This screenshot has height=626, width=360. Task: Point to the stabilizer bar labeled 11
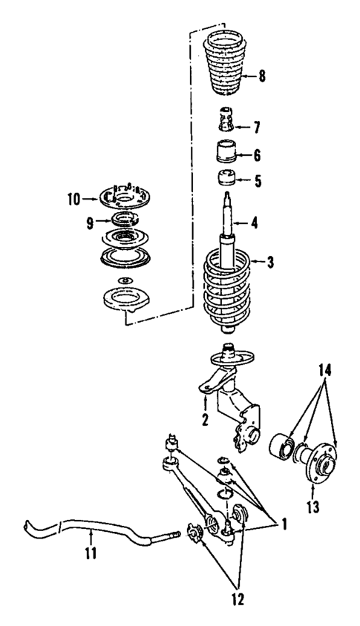coord(82,529)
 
